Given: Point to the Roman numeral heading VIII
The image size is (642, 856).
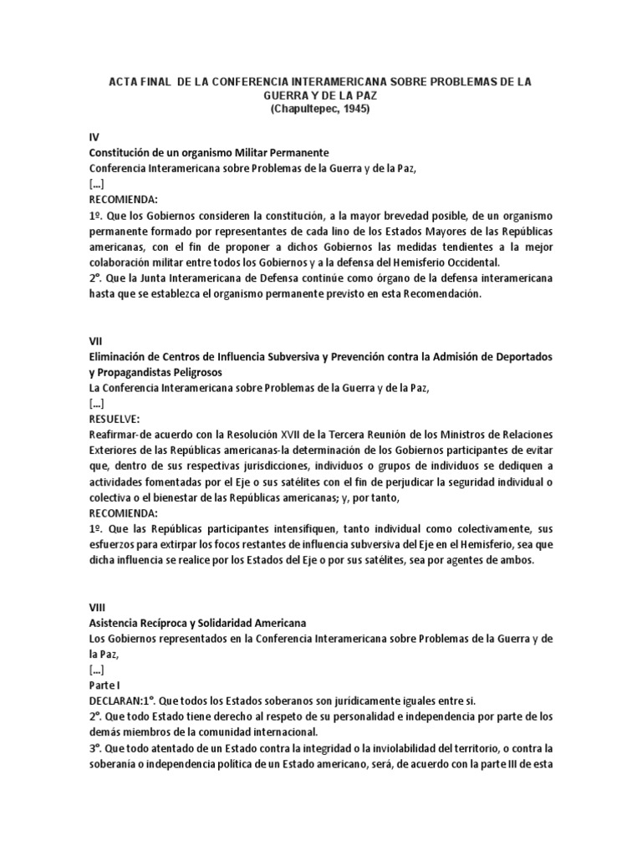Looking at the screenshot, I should click(x=97, y=607).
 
